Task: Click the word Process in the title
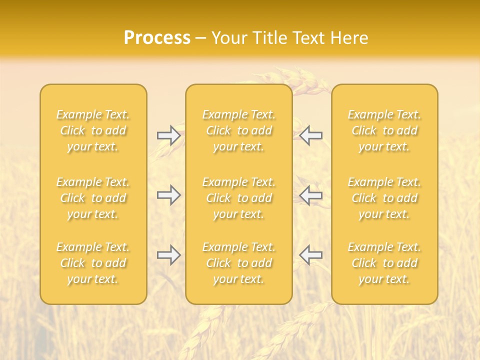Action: [157, 38]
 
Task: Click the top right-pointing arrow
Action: [169, 135]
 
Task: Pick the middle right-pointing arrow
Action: [169, 195]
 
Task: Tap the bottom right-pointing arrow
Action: [169, 255]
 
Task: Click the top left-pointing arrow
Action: [310, 135]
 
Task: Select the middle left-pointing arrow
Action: [310, 195]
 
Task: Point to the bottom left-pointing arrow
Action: [310, 255]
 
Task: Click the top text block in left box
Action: [93, 130]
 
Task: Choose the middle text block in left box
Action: [93, 198]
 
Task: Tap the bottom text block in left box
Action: [93, 263]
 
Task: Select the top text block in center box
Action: [238, 130]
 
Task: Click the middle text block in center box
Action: [238, 198]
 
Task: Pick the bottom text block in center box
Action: [238, 263]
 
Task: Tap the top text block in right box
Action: [384, 130]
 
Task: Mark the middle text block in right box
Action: [384, 198]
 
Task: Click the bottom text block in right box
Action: [384, 263]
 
